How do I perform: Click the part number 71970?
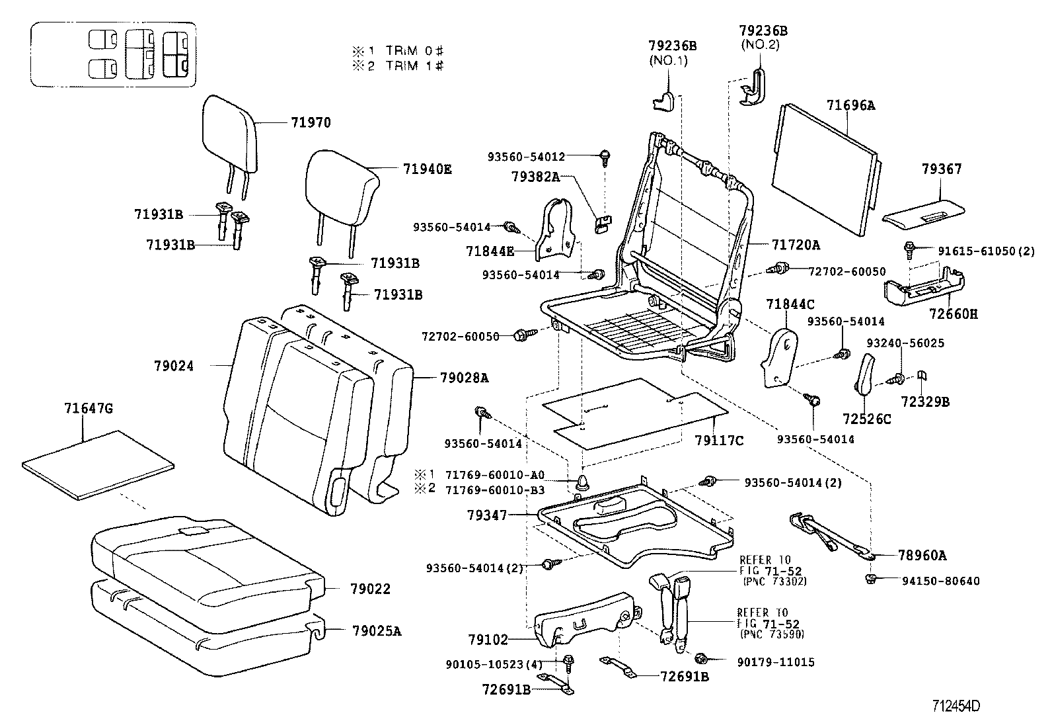coord(310,122)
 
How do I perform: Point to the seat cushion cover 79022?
coord(205,562)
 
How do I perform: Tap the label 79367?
coord(942,169)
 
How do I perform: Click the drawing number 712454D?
coord(956,705)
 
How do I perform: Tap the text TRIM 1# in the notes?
coord(414,65)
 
